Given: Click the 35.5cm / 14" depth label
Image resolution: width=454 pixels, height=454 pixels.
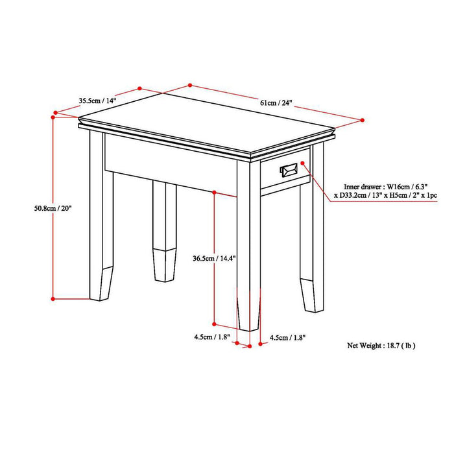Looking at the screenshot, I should tap(97, 101).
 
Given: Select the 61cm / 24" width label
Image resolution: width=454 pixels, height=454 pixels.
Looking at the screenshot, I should tap(276, 102).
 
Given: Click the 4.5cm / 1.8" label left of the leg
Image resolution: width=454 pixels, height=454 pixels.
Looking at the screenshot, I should tap(210, 337).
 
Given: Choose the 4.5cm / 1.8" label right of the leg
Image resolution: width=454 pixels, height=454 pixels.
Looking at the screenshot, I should tap(287, 337).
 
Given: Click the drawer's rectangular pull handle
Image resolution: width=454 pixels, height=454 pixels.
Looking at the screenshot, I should tap(287, 170).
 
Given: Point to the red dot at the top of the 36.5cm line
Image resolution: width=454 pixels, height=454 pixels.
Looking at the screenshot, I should tap(214, 191).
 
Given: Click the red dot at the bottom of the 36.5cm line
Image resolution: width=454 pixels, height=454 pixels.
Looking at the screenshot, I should tap(214, 322).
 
